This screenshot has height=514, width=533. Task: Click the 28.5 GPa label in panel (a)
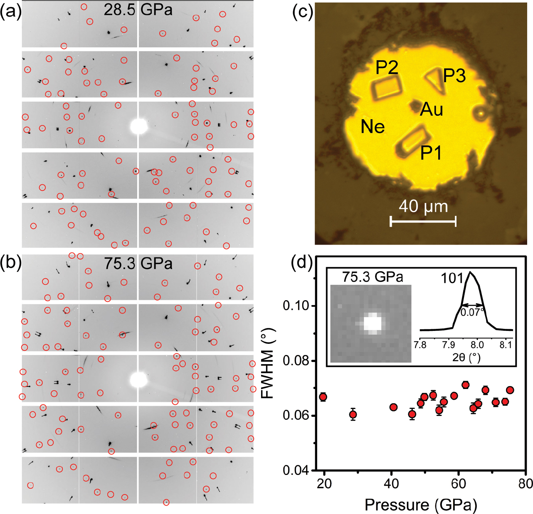click(138, 10)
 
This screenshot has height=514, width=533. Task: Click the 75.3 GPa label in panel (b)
click(138, 263)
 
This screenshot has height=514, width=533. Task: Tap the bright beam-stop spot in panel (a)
click(139, 126)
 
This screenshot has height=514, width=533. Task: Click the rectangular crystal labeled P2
click(387, 87)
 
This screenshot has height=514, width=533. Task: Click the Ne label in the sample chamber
click(373, 127)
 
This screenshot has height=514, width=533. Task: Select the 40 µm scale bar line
click(423, 221)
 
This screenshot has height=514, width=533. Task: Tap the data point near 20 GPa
click(323, 397)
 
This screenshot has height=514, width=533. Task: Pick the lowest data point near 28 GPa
click(353, 414)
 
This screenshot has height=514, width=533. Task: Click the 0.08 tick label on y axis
click(296, 361)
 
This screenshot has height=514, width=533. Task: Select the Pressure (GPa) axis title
click(420, 504)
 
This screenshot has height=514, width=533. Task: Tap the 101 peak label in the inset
click(452, 278)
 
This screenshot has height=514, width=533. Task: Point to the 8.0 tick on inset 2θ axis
click(477, 345)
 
